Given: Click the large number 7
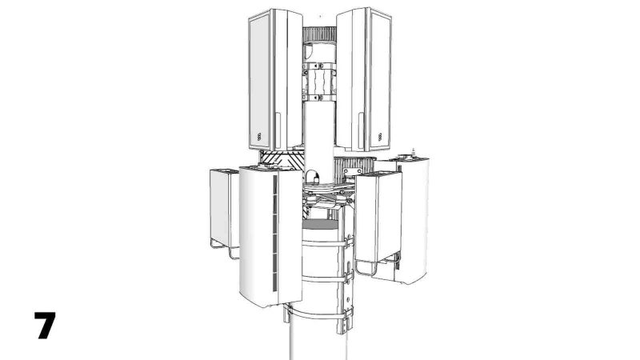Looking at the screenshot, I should [45, 326].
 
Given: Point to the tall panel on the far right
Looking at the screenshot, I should [414, 216].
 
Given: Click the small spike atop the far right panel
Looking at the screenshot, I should [413, 151].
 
